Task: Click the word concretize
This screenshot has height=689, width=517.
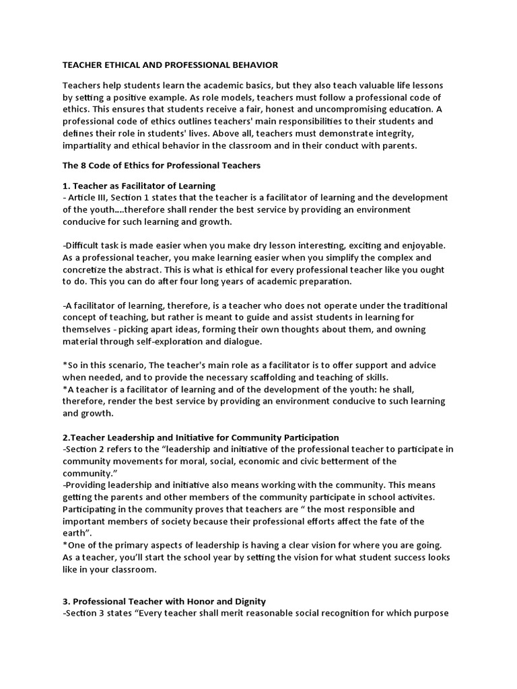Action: click(x=90, y=270)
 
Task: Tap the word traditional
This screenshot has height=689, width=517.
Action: click(x=419, y=305)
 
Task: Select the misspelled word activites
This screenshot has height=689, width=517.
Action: click(x=431, y=497)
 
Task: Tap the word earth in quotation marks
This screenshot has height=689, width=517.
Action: click(x=75, y=534)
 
